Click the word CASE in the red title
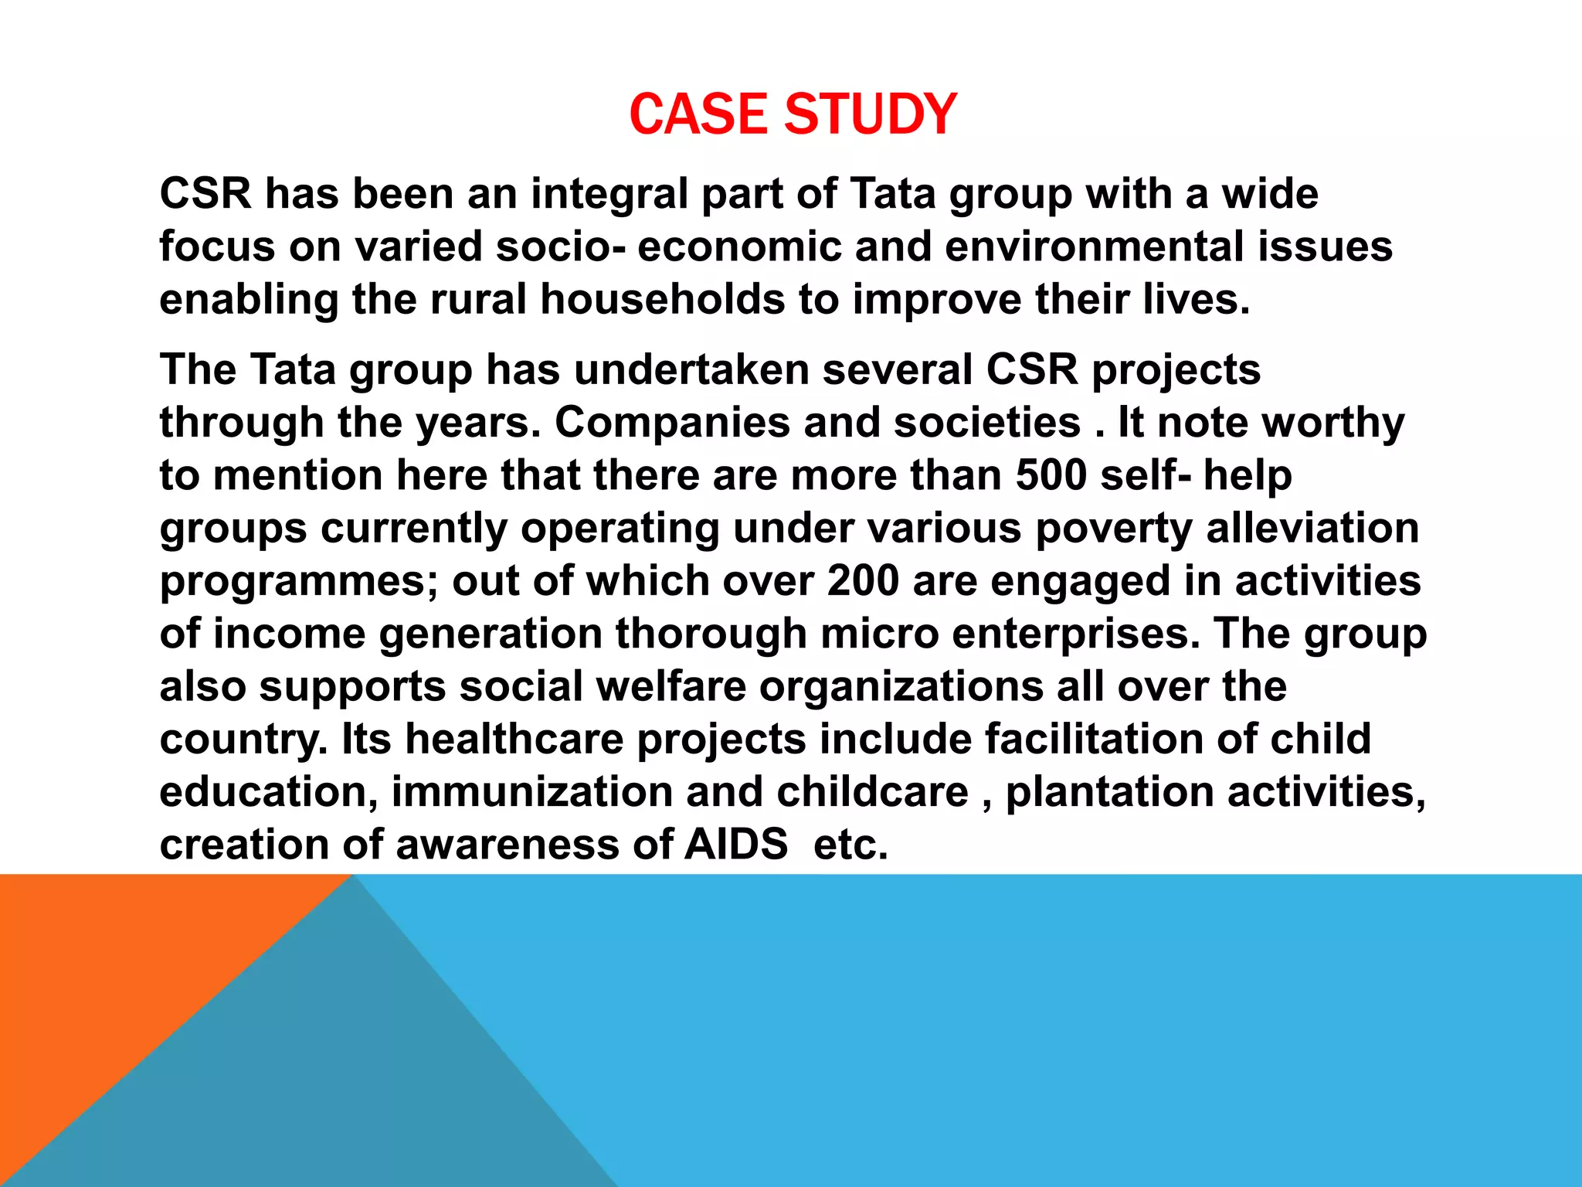coord(700,114)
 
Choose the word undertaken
coord(691,369)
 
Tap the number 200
coord(863,580)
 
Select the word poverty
coord(1114,529)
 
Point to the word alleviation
coord(1312,529)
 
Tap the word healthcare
coord(514,739)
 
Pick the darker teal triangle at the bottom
coord(348,1082)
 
